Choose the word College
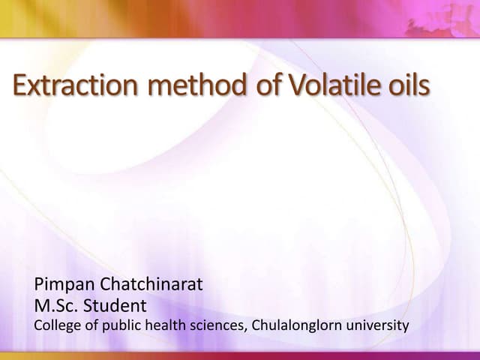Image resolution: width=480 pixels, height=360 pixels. click(x=55, y=325)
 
